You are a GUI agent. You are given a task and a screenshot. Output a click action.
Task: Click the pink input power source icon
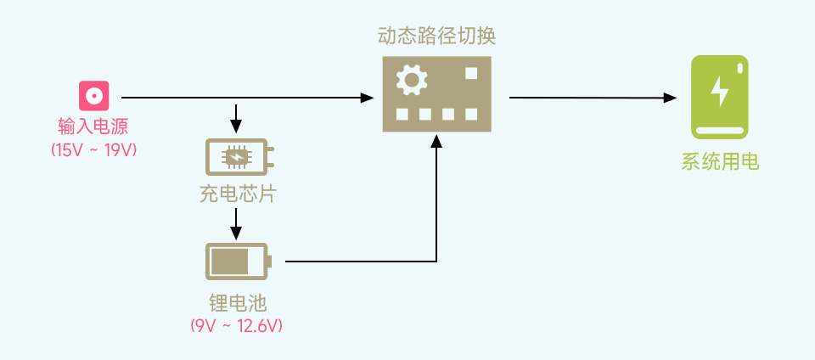coord(94,95)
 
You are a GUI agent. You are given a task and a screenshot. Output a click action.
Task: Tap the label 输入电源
coord(93,127)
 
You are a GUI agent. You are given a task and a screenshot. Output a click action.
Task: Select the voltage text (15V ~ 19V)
coord(93,149)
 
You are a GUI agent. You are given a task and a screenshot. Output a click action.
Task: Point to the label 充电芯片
coord(237,194)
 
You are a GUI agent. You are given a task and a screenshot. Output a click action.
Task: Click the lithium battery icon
coord(237,261)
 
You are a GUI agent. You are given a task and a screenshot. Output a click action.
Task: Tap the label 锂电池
coord(237,303)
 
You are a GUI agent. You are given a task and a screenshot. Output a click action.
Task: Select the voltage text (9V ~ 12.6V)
coord(237,325)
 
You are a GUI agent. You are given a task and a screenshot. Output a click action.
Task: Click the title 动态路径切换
coord(436,36)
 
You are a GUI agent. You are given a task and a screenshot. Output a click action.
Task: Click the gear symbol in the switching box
coord(412,82)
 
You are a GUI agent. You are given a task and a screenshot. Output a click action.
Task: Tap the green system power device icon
coord(719,98)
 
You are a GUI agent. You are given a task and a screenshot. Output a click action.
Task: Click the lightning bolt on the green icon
coord(719,91)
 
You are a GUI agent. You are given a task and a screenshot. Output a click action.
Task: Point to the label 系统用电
coord(719,161)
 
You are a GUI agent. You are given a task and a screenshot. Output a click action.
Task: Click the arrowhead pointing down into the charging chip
coord(237,127)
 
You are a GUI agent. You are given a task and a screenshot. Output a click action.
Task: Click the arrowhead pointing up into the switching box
coord(436,143)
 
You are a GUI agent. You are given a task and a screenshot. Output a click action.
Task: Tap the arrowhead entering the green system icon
coord(670,98)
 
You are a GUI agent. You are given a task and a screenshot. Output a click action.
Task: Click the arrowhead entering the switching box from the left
coord(367,98)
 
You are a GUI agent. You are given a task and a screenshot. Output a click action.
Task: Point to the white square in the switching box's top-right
coord(472,74)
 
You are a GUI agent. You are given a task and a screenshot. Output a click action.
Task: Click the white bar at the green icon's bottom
coord(719,131)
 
